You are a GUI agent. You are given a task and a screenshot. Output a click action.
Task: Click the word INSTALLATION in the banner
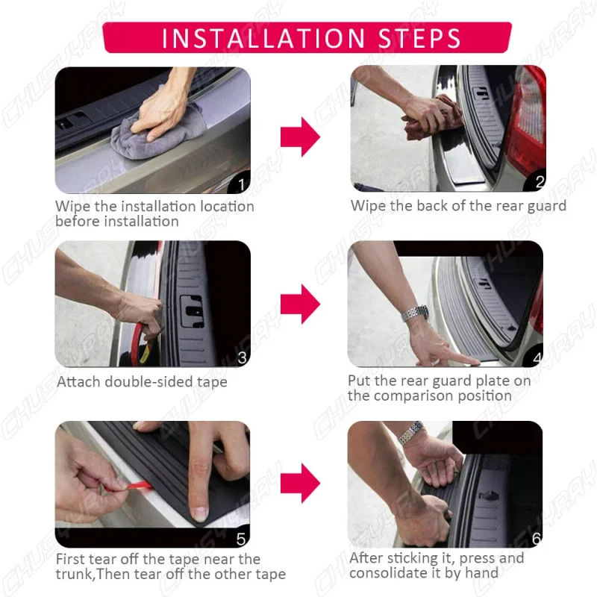pyautogui.click(x=263, y=38)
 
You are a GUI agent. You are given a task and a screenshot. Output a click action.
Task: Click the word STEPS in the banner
pyautogui.click(x=419, y=38)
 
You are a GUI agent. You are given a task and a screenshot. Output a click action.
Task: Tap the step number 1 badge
pyautogui.click(x=240, y=184)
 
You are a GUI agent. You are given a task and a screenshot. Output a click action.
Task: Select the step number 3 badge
pyautogui.click(x=242, y=358)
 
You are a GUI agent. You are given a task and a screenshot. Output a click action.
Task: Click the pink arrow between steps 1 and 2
pyautogui.click(x=301, y=137)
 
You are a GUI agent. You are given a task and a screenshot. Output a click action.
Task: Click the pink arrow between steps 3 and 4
pyautogui.click(x=301, y=304)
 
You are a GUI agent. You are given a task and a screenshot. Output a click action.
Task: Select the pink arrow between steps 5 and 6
pyautogui.click(x=301, y=484)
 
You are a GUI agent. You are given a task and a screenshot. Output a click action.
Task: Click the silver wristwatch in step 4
pyautogui.click(x=415, y=313)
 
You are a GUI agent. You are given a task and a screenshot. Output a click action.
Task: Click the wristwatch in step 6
pyautogui.click(x=410, y=433)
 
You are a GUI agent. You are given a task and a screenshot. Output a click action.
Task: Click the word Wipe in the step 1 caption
pyautogui.click(x=73, y=207)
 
